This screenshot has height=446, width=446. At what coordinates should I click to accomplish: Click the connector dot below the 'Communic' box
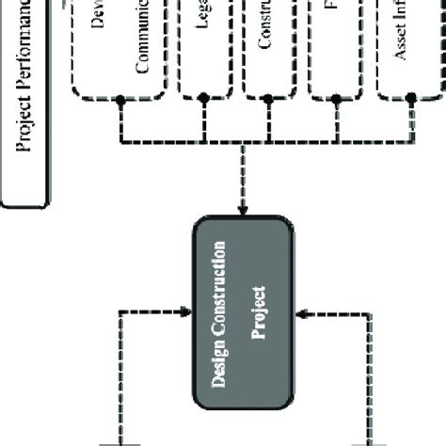[120, 99]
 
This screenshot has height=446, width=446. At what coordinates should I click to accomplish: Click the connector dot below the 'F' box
[332, 99]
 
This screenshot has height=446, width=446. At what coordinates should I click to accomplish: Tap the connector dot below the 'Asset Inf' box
[410, 99]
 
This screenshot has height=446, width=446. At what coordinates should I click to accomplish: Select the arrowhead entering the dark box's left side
[187, 306]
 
